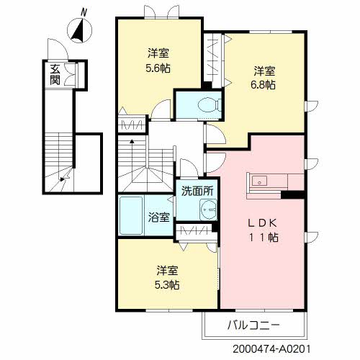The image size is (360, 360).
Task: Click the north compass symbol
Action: pyautogui.click(x=79, y=31)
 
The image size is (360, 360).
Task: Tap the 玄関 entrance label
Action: pyautogui.click(x=55, y=75)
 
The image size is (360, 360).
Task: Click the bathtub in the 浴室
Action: pyautogui.click(x=131, y=216)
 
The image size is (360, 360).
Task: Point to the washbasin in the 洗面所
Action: pyautogui.click(x=208, y=210)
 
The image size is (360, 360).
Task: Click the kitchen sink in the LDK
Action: pyautogui.click(x=259, y=181)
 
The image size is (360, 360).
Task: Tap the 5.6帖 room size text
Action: pyautogui.click(x=158, y=68)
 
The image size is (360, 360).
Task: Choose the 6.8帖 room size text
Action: pyautogui.click(x=263, y=85)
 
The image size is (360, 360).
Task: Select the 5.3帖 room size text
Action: pyautogui.click(x=167, y=285)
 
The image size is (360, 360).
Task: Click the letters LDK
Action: pyautogui.click(x=263, y=223)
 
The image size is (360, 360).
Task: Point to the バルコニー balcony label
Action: pyautogui.click(x=253, y=325)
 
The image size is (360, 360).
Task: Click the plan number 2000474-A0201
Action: pyautogui.click(x=271, y=349)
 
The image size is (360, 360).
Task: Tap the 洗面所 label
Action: pyautogui.click(x=197, y=191)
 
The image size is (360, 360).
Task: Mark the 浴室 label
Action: pyautogui.click(x=158, y=217)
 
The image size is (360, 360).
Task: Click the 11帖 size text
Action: pyautogui.click(x=264, y=238)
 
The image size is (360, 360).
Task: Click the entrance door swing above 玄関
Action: pyautogui.click(x=58, y=49)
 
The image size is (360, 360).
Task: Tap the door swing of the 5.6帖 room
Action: pyautogui.click(x=161, y=109)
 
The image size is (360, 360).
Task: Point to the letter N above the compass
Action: pyautogui.click(x=84, y=12)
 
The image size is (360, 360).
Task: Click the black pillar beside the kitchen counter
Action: pyautogui.click(x=293, y=194)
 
